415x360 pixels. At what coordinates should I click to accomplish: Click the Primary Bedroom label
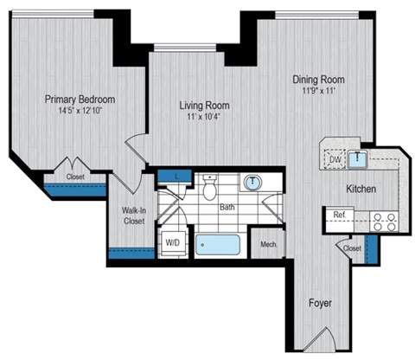tap(80, 100)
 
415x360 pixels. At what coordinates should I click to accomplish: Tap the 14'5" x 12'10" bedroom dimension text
tap(80, 112)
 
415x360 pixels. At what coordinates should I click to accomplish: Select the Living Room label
tap(204, 106)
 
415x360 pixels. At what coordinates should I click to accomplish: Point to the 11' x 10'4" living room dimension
tap(204, 118)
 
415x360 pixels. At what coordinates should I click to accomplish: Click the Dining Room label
tap(317, 76)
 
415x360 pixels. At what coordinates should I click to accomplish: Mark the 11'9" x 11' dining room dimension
tap(317, 88)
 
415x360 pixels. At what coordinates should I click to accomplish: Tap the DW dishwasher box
tap(335, 159)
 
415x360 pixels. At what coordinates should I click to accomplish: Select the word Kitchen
tap(361, 188)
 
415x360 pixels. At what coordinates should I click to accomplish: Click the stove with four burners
tap(385, 222)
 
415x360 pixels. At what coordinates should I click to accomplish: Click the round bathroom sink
tap(252, 183)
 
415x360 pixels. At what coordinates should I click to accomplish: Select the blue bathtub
tap(217, 244)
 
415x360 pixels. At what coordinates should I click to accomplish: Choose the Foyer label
tap(321, 304)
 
